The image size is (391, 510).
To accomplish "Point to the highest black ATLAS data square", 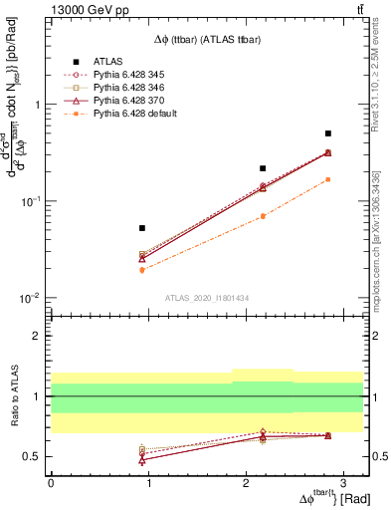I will tap(327, 132).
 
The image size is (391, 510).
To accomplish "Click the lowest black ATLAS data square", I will tap(142, 228).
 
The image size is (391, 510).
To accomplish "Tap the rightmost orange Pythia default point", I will tap(327, 179).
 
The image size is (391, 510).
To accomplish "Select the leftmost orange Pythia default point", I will tap(142, 270).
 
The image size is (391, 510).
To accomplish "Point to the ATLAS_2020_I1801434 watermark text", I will tap(206, 297).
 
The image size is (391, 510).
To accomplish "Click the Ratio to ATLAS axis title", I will tap(13, 395).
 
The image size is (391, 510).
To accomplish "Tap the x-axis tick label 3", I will tap(342, 482).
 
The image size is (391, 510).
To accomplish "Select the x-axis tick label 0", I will tap(51, 482).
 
